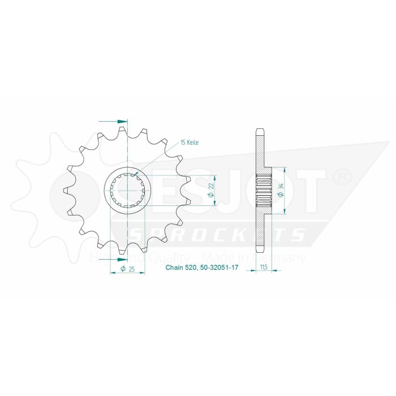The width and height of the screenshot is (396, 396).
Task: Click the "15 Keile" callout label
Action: click(190, 143)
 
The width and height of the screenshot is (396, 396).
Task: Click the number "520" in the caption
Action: click(190, 268)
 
